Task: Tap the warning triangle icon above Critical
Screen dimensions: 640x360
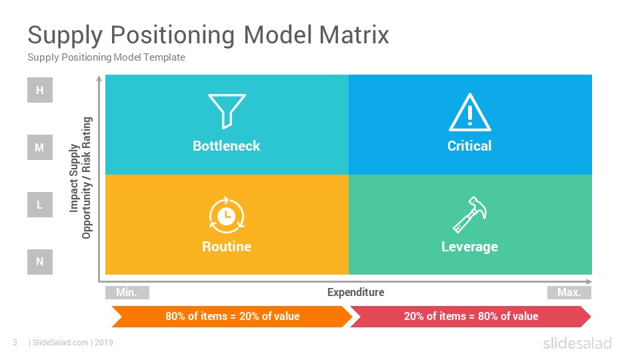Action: [x=470, y=112]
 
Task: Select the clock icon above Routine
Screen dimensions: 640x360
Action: [x=227, y=215]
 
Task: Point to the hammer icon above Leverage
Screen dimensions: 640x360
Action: [x=470, y=214]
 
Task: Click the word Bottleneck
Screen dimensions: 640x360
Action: [x=226, y=146]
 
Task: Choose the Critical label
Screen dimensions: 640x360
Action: [x=469, y=146]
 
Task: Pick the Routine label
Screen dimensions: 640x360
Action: [x=227, y=247]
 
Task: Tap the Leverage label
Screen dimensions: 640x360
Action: [x=469, y=247]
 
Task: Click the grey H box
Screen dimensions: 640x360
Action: [x=40, y=90]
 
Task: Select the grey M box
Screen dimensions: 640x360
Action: [x=40, y=147]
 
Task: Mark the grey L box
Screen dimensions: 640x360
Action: [x=40, y=205]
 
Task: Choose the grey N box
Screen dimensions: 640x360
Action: [x=40, y=261]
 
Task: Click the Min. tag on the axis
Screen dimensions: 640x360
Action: [x=127, y=292]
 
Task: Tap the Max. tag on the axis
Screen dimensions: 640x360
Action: [x=569, y=292]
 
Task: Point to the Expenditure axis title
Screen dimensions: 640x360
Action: [x=355, y=292]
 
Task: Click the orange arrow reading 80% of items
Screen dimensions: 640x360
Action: [x=232, y=316]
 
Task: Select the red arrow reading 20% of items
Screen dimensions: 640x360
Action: [x=471, y=316]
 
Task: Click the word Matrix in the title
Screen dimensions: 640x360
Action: [x=354, y=35]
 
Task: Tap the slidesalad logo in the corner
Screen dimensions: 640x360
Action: [x=577, y=343]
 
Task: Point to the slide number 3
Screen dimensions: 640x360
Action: [x=15, y=343]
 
